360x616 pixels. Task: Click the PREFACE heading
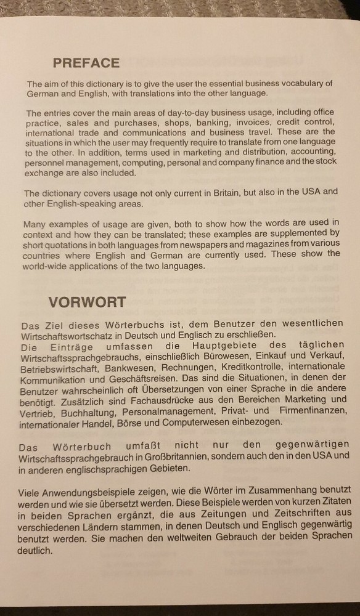point(86,63)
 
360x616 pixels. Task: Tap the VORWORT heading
point(87,302)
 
